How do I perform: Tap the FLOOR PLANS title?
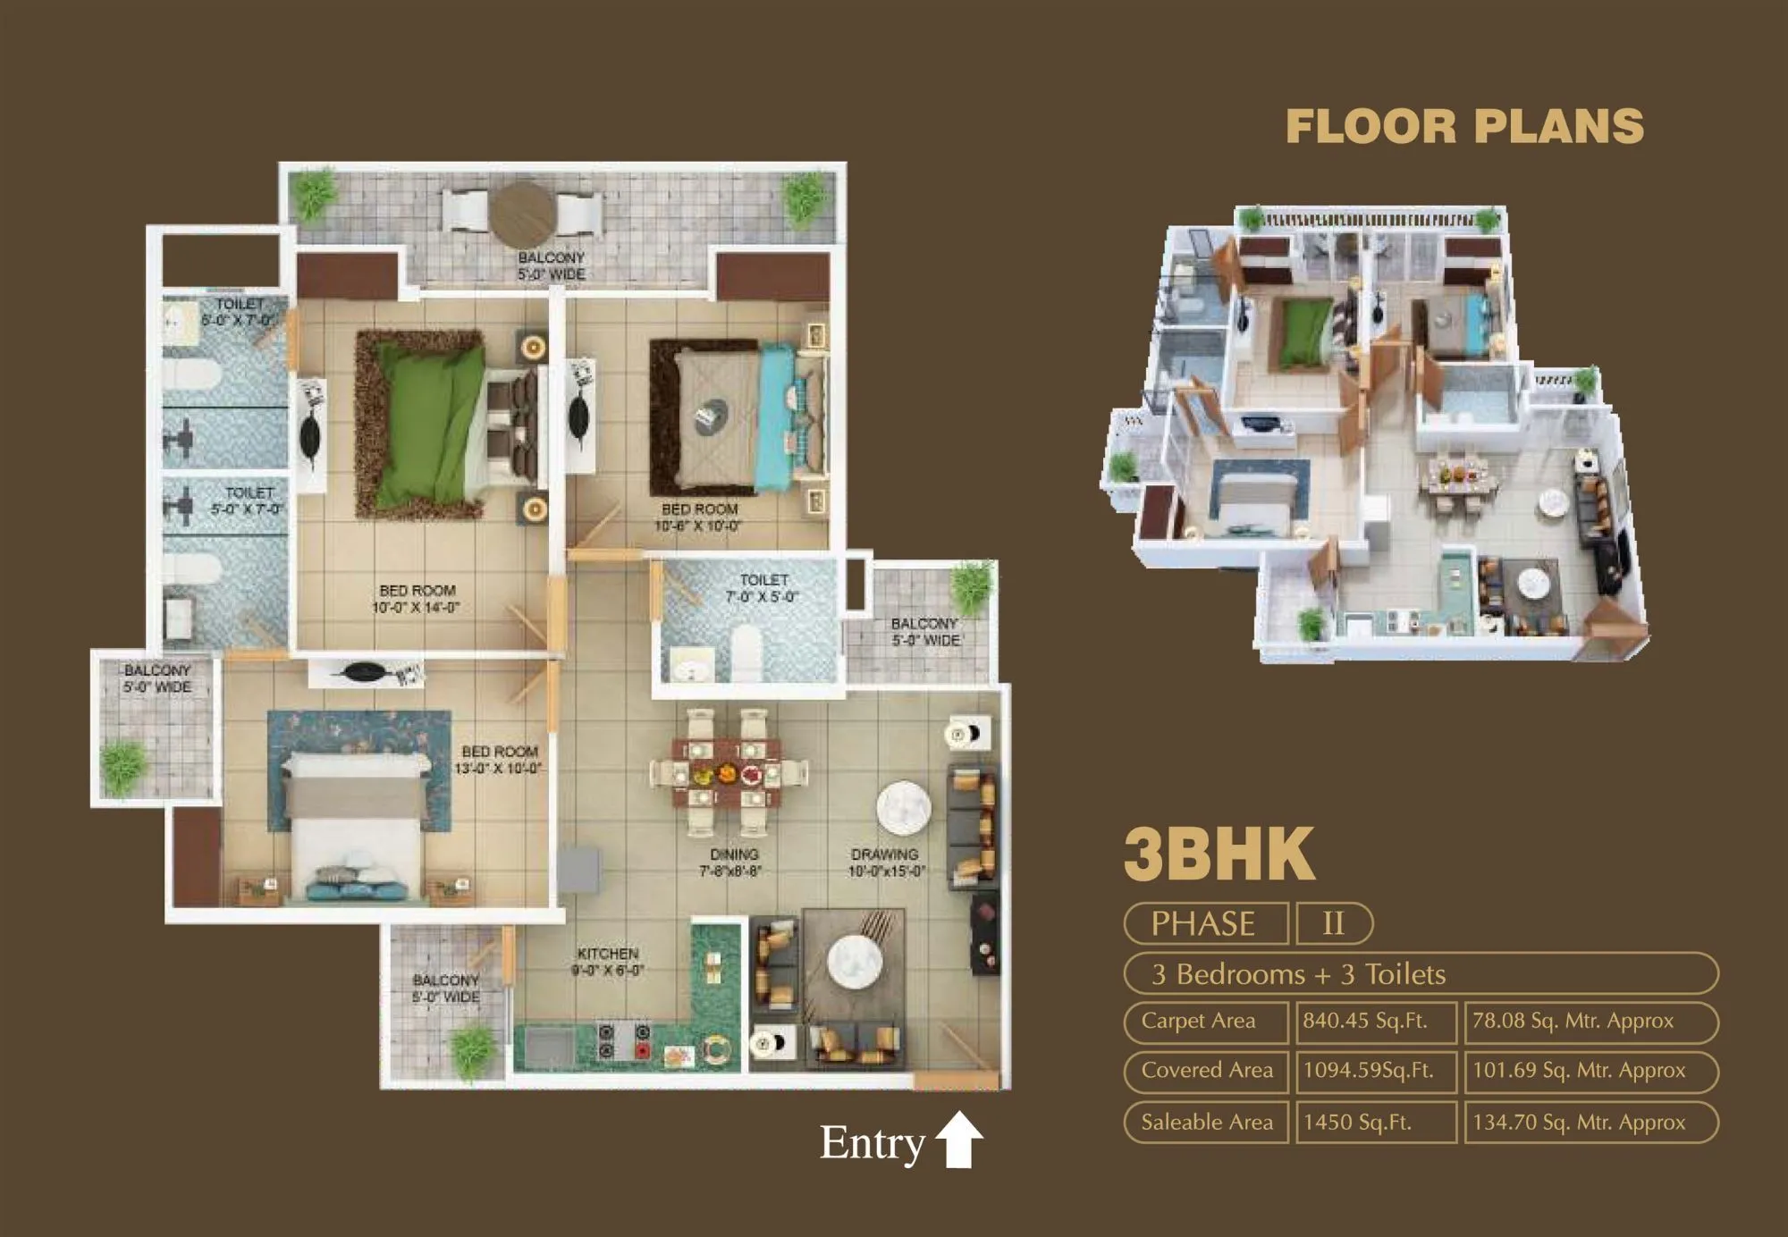1464,127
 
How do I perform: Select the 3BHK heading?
1219,854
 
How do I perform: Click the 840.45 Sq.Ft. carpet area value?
1365,1021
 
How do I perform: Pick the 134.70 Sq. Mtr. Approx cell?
1579,1122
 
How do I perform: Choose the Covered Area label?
1207,1070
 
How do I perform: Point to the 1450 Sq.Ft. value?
1357,1122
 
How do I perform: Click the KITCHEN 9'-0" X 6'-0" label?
608,962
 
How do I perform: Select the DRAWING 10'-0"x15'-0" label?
886,863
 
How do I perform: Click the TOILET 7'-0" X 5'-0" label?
763,588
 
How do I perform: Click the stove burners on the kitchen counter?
624,1040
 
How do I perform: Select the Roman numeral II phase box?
1333,923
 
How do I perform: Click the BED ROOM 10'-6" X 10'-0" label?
699,518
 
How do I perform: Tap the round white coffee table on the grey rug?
854,962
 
